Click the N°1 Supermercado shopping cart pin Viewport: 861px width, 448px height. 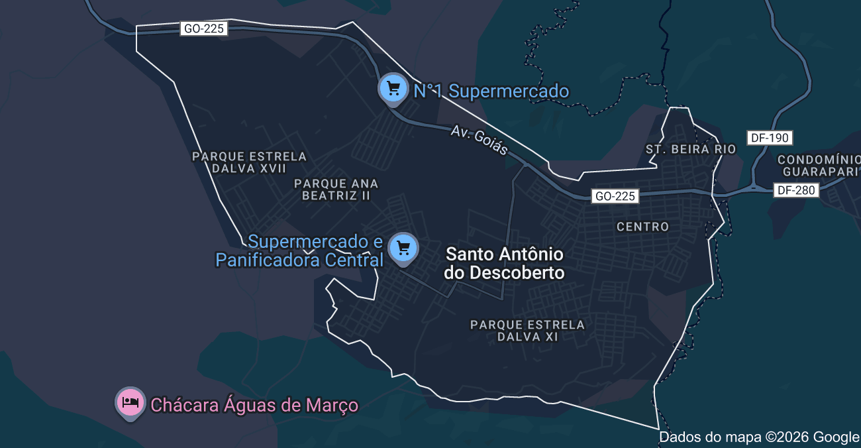point(393,88)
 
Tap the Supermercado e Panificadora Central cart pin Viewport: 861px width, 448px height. point(403,249)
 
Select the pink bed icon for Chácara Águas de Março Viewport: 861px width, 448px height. point(130,402)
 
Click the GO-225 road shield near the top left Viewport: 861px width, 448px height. point(203,28)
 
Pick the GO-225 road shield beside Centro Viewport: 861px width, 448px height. point(615,196)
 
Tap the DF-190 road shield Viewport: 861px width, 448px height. point(770,138)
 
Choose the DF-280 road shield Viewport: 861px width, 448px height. point(797,190)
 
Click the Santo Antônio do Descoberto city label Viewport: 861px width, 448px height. point(505,263)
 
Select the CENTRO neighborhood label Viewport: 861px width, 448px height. point(642,227)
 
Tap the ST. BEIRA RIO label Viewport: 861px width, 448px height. point(691,149)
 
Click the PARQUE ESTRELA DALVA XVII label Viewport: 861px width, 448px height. point(249,162)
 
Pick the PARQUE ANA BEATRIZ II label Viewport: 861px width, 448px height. point(336,190)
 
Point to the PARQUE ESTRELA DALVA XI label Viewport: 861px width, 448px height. point(527,331)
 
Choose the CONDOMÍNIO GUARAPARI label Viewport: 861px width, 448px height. point(819,166)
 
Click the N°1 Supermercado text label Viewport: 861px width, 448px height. point(491,91)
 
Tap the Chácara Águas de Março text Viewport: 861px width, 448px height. point(254,405)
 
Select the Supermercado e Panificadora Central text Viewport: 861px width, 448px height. point(299,251)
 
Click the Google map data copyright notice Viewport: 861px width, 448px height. point(759,437)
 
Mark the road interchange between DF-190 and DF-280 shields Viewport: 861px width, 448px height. point(754,187)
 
